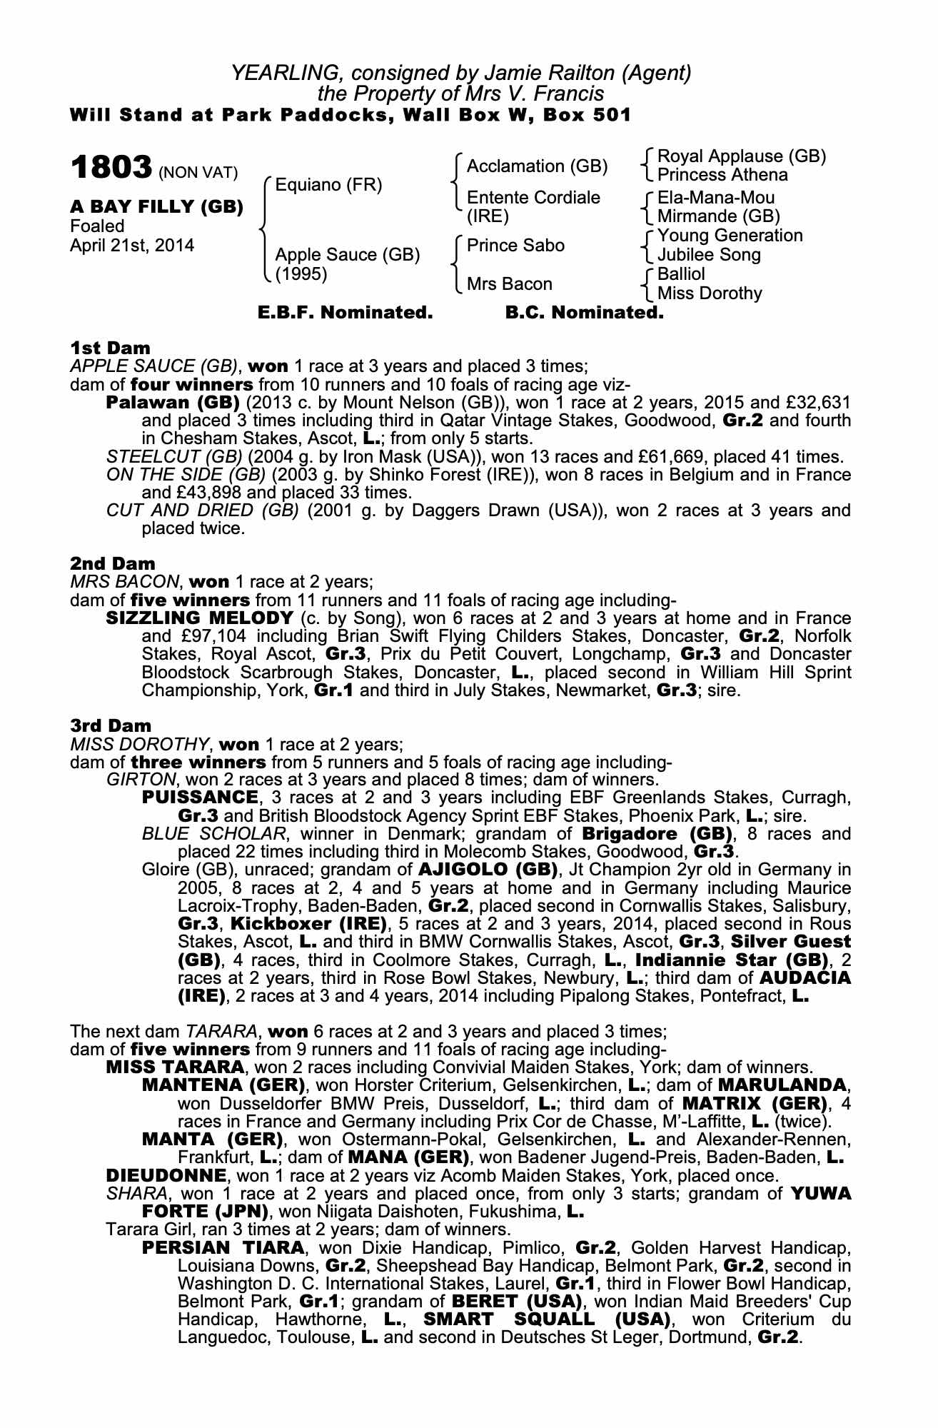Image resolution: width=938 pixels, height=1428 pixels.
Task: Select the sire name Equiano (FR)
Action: coord(328,186)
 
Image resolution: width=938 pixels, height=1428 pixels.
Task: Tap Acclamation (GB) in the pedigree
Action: coord(537,166)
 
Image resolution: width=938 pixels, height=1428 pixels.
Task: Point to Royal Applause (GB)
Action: coord(741,156)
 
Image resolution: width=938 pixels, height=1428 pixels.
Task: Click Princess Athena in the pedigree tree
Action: coord(722,175)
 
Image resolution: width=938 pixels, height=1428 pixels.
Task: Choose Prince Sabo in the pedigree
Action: coord(515,246)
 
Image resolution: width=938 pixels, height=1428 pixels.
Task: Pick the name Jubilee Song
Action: coord(709,255)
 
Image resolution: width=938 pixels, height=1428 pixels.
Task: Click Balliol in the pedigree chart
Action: coord(681,274)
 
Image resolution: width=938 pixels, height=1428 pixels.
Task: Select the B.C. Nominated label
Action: coord(584,313)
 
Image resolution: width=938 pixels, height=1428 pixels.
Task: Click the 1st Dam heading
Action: coord(110,348)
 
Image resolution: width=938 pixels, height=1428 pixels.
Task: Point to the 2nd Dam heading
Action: coord(112,563)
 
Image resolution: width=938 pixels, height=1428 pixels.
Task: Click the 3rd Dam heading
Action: coord(111,725)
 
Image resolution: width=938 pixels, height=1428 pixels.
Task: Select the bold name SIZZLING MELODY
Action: coord(199,618)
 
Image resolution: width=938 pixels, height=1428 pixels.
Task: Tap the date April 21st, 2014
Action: coord(132,245)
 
